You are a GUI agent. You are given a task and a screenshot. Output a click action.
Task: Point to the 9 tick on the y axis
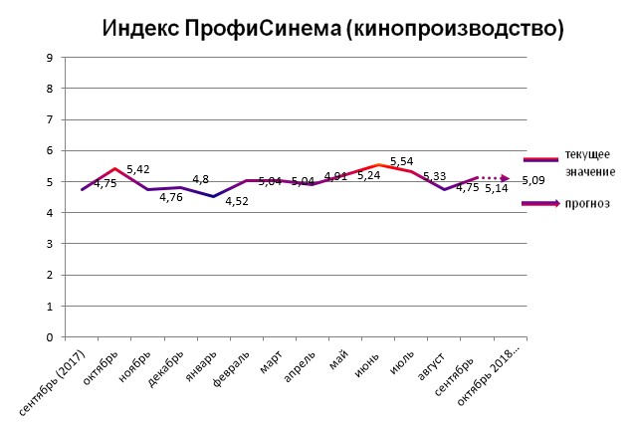[50, 58]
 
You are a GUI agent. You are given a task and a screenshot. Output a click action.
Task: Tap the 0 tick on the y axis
[50, 337]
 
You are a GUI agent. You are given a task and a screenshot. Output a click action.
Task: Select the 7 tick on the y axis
[50, 119]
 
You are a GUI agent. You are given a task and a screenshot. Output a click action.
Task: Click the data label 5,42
[139, 168]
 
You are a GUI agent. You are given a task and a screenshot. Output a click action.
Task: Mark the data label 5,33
[435, 177]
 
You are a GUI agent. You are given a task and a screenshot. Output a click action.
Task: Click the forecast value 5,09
[533, 180]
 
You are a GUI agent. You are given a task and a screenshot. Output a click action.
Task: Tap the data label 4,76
[171, 197]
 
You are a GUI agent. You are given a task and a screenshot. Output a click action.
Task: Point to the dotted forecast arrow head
[507, 179]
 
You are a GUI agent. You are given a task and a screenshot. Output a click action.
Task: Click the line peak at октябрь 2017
[115, 169]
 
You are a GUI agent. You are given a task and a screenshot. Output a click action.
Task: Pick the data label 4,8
[200, 179]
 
